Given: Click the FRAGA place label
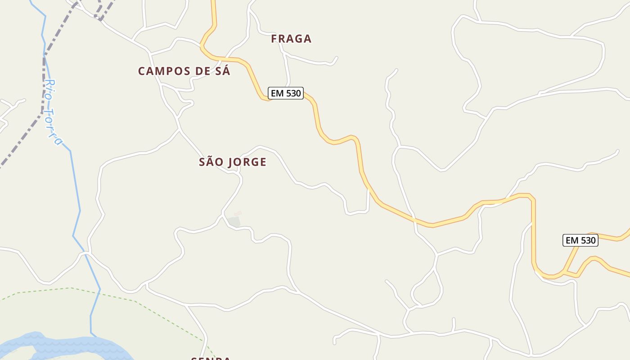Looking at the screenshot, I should [291, 39].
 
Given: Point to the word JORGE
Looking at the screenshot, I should [247, 162].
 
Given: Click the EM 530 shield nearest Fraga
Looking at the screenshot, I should [286, 93].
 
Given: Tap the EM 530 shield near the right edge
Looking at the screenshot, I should [580, 240].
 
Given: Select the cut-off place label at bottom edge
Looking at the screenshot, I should [211, 358].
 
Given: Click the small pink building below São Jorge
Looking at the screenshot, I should [238, 213].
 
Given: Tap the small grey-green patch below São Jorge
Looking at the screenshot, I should [234, 221].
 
